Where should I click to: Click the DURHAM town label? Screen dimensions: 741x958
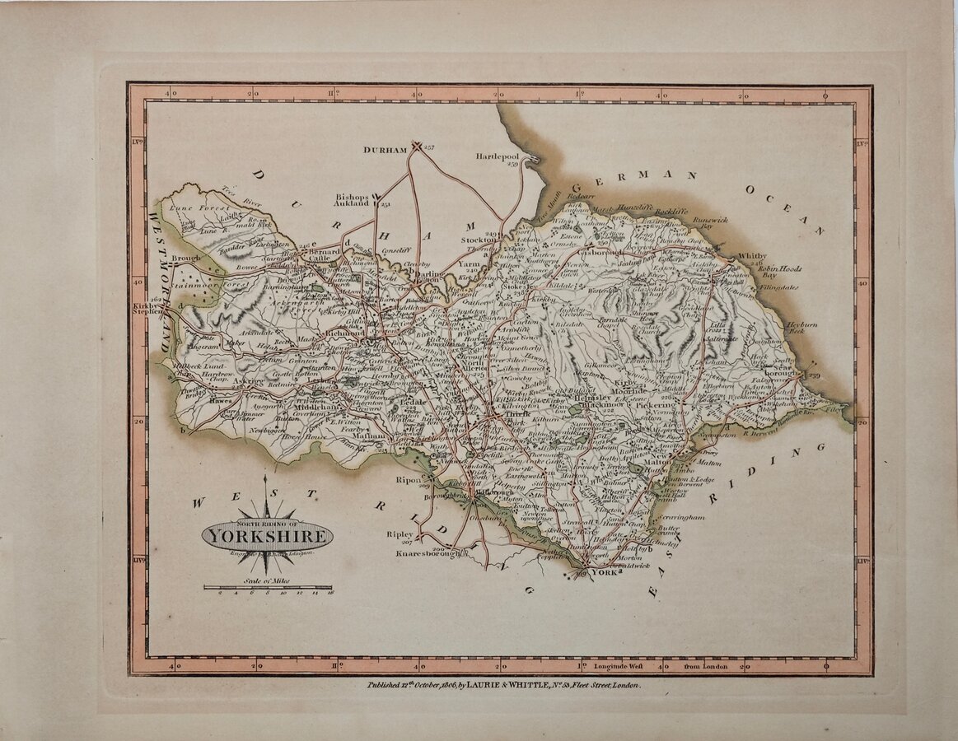(386, 150)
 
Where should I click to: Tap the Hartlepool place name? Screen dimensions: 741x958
(499, 156)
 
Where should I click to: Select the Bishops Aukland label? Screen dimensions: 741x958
(354, 203)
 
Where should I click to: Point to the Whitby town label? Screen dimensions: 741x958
(752, 256)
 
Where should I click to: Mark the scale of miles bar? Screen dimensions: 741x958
(268, 587)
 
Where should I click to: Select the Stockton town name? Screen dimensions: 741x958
(479, 240)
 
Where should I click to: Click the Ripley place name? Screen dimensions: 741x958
(400, 534)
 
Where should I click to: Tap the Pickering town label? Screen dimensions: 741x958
(657, 405)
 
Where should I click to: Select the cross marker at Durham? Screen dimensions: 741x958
(417, 147)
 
